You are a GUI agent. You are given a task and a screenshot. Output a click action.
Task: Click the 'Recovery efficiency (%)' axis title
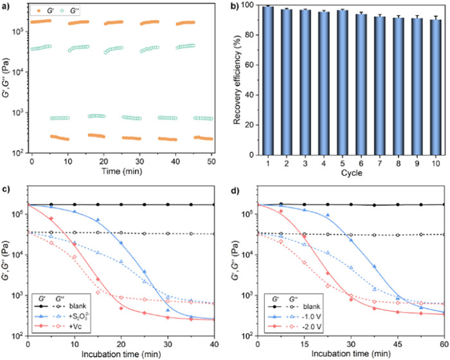pos(238,80)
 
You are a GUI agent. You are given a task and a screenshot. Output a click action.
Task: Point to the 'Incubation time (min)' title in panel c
pos(122,355)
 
